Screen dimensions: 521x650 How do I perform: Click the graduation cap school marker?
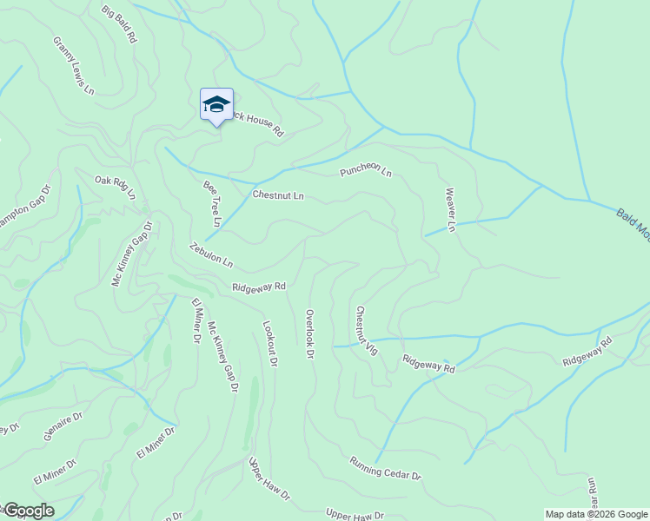[216, 106]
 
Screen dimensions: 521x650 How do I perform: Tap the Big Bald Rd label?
[119, 24]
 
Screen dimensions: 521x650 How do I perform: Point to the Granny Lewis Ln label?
[73, 65]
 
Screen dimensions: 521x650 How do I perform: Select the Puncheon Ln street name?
[366, 172]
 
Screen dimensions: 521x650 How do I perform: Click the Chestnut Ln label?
[278, 195]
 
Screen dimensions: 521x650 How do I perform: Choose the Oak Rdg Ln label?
[116, 188]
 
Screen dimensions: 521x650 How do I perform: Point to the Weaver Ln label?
[450, 210]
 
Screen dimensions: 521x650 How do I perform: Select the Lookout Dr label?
[269, 343]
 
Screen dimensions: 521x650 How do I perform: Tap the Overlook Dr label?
[309, 333]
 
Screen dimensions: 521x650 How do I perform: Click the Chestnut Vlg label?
[365, 330]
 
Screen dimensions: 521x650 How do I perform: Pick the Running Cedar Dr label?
[385, 469]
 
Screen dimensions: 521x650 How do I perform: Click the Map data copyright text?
[596, 514]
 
